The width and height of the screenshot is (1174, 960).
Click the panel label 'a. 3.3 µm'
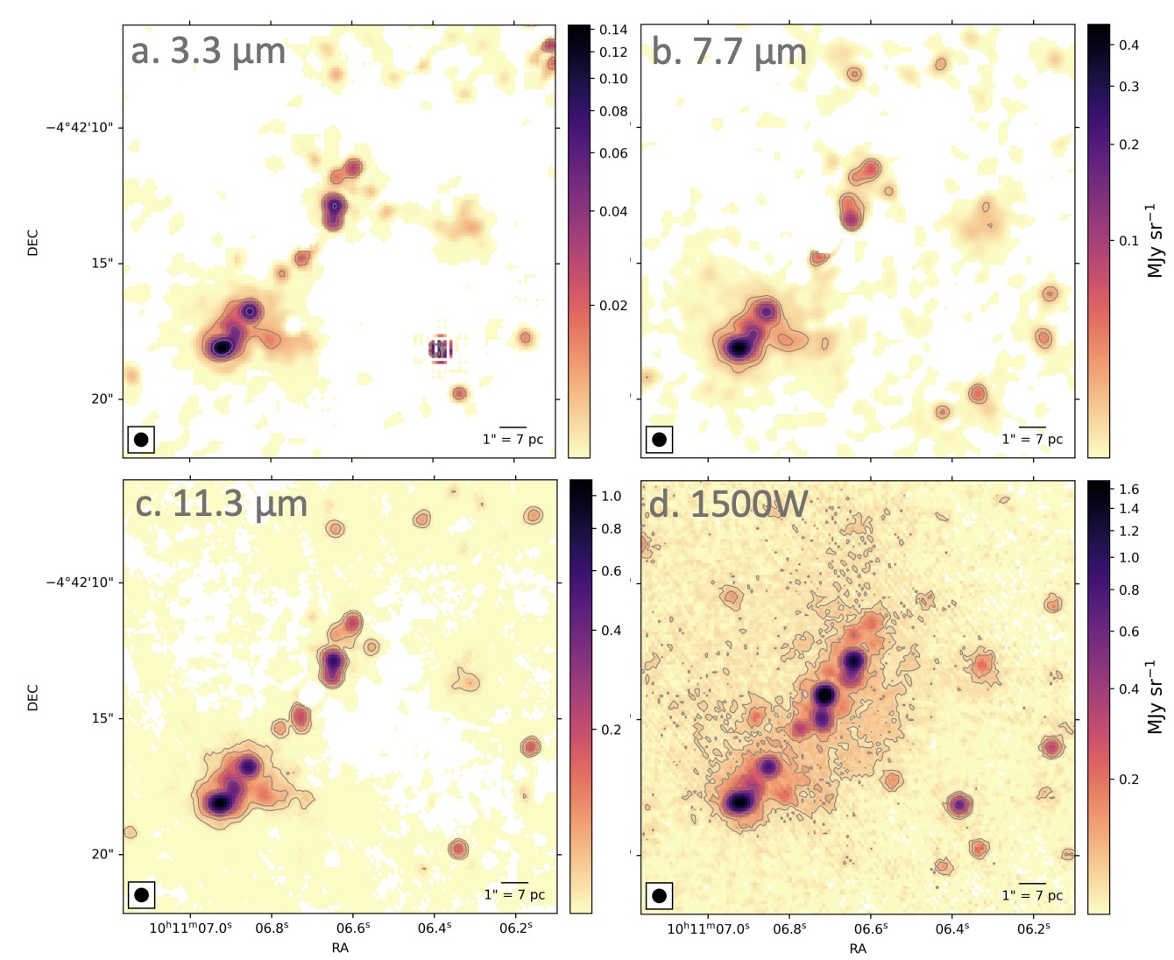click(209, 52)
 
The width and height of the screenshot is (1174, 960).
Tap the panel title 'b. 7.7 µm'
click(728, 53)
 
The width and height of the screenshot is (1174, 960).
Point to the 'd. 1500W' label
click(728, 505)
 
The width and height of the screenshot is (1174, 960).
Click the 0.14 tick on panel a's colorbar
click(613, 30)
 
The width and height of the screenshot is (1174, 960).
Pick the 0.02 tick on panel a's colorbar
click(613, 306)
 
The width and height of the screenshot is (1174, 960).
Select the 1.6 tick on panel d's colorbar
click(1128, 490)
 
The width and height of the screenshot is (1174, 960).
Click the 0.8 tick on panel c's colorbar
click(611, 529)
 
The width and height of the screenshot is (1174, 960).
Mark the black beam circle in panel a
click(141, 440)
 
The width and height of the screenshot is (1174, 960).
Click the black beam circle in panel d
click(659, 895)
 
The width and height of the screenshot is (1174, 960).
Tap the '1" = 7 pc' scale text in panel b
click(1032, 439)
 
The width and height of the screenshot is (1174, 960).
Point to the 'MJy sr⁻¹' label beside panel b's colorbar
click(1155, 241)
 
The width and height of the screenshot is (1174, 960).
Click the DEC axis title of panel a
click(33, 243)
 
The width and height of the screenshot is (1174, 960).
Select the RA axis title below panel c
click(340, 948)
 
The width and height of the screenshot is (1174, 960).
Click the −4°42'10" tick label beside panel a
click(79, 128)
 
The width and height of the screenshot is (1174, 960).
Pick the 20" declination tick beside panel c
click(103, 854)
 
